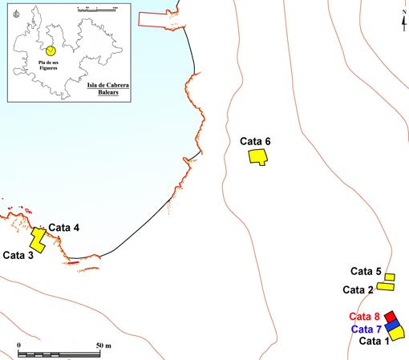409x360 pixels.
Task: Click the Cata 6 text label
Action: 255,142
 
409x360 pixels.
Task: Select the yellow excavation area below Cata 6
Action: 257,156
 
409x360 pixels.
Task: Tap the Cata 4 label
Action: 63,228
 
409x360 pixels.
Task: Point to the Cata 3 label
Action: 18,256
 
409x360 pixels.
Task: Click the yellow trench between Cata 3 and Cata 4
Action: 38,240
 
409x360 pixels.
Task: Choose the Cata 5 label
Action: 366,271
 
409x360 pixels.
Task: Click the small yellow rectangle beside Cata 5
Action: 389,277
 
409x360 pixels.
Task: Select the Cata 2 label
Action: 358,289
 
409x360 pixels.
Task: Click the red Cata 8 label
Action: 364,317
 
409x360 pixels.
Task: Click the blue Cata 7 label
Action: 365,329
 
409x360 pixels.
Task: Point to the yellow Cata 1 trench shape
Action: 397,332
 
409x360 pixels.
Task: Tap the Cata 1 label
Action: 373,341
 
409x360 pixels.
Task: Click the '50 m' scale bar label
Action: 103,346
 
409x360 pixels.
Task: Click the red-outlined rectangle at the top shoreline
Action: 163,21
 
